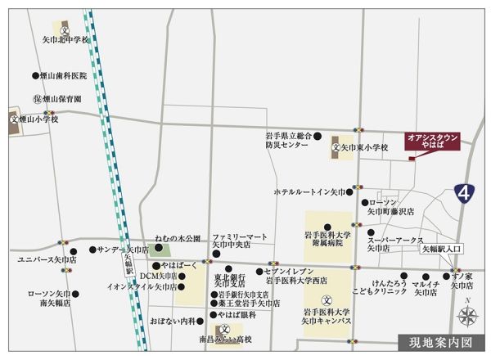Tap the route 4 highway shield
click(465, 194)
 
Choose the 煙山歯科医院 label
click(62, 74)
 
